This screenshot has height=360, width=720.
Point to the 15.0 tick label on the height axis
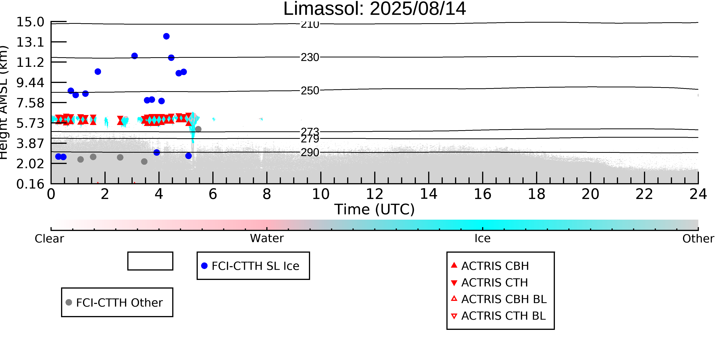coord(30,22)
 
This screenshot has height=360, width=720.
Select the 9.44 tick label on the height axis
coord(30,83)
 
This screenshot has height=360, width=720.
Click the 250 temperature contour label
coord(310,91)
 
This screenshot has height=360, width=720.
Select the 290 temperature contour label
coord(310,153)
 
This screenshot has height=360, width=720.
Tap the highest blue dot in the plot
coord(166,36)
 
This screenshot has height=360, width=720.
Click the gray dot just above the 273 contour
coord(198,129)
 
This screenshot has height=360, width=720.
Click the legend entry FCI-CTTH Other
coord(117,302)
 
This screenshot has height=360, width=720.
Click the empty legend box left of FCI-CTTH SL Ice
coord(150,261)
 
